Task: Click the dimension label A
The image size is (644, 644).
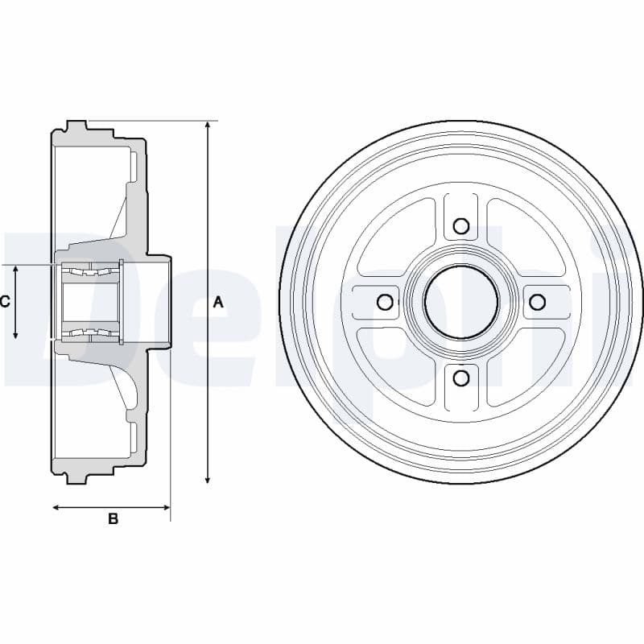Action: coord(218,303)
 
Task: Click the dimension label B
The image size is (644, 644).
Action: coord(113,518)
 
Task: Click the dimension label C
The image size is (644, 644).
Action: coord(5,303)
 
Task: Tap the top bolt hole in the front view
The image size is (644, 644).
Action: coord(461,225)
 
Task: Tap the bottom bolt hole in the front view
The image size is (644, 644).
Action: coord(462,378)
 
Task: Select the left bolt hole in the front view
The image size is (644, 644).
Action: coord(385,302)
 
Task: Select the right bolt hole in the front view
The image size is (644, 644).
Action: coord(537,302)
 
